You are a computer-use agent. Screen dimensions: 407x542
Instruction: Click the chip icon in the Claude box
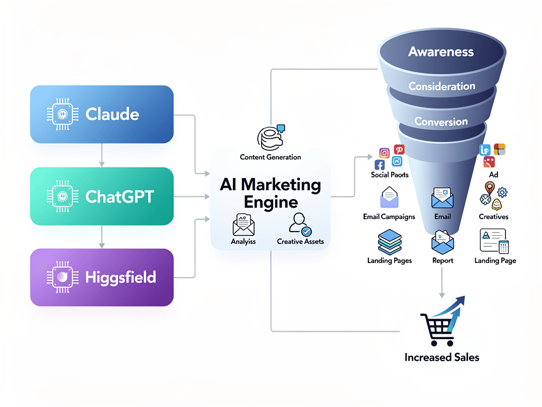tap(63, 114)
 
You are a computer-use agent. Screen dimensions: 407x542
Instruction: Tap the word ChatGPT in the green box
tap(120, 197)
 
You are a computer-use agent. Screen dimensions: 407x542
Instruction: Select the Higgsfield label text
tap(121, 277)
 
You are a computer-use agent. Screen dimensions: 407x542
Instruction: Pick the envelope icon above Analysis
tap(243, 225)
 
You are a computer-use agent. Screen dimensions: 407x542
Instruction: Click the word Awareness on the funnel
tap(441, 52)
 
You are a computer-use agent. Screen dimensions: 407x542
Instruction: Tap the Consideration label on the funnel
tap(441, 86)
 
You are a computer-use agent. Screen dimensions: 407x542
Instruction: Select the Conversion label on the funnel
tap(441, 121)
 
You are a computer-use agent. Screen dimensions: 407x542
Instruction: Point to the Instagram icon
tap(385, 153)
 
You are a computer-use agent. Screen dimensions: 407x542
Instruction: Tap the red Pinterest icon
tap(399, 150)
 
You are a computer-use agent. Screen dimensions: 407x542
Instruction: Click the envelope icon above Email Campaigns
tap(389, 198)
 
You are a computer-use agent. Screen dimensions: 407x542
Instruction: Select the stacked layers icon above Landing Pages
tap(389, 242)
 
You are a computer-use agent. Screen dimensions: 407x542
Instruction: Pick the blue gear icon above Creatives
tap(502, 192)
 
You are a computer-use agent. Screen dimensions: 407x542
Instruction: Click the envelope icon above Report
tap(441, 242)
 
